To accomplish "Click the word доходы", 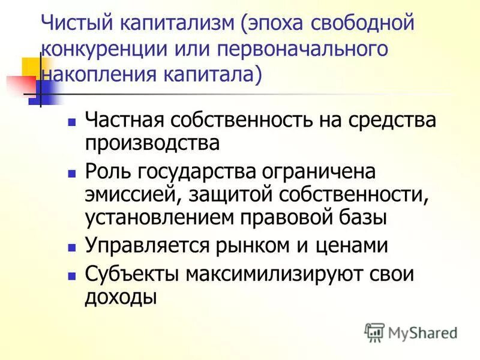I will tap(121, 297).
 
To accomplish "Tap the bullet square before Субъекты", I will tap(71, 274).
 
